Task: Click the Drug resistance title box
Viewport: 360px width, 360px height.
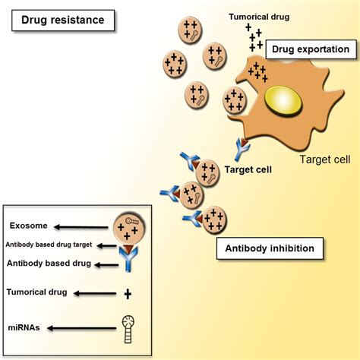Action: click(63, 21)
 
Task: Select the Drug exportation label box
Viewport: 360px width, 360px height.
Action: click(311, 49)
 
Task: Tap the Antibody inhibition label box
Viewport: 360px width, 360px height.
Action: click(270, 248)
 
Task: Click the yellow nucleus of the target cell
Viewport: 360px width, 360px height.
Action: click(283, 101)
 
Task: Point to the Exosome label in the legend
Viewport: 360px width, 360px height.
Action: click(28, 226)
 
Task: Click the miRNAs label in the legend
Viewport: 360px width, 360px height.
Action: click(24, 327)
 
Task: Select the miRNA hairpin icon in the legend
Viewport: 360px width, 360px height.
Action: click(128, 329)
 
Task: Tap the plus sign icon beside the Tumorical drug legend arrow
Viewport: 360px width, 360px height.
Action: click(128, 294)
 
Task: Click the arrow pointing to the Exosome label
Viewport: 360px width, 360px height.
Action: click(81, 227)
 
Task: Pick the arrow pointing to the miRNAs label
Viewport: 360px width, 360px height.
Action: click(82, 328)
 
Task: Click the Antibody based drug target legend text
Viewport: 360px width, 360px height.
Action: click(49, 245)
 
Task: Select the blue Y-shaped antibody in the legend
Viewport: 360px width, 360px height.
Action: click(128, 259)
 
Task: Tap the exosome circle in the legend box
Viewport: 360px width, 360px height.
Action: click(129, 229)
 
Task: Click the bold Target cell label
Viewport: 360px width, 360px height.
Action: click(248, 169)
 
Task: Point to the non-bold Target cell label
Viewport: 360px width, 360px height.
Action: click(325, 159)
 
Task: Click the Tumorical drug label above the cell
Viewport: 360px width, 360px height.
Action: click(259, 17)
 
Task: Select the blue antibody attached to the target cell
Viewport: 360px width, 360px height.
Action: click(242, 150)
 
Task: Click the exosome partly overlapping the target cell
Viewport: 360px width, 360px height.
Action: click(235, 100)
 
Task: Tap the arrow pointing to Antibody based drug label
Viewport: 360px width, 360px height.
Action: click(106, 265)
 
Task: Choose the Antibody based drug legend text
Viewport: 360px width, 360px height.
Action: click(49, 264)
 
